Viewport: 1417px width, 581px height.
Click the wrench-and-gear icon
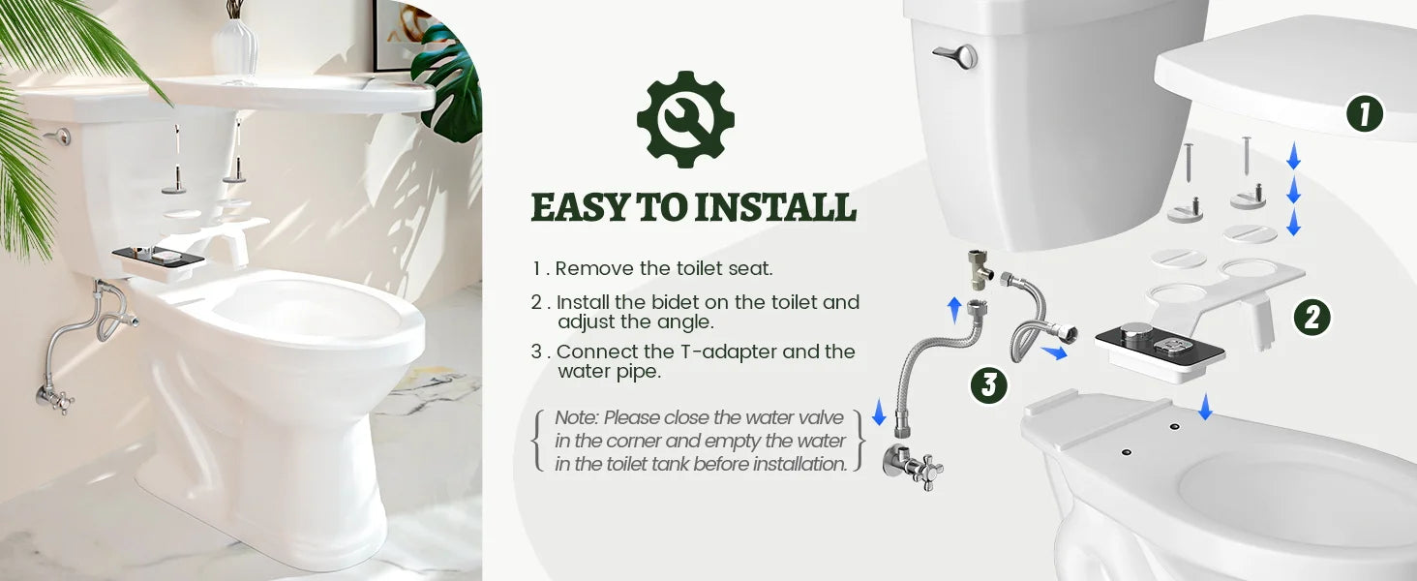[x=685, y=119]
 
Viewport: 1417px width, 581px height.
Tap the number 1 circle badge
[x=1365, y=114]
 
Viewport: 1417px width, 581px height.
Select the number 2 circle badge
[x=1311, y=317]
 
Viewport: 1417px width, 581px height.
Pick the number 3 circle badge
[x=988, y=385]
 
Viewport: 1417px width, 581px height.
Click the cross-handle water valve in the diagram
[x=916, y=468]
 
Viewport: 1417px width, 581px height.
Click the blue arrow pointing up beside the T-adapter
[x=954, y=309]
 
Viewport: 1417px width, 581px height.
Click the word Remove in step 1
[x=592, y=269]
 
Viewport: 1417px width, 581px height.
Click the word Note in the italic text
[x=578, y=418]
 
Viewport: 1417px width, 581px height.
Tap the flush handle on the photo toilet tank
[x=58, y=136]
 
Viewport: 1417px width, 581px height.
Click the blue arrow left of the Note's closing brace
[x=879, y=414]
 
